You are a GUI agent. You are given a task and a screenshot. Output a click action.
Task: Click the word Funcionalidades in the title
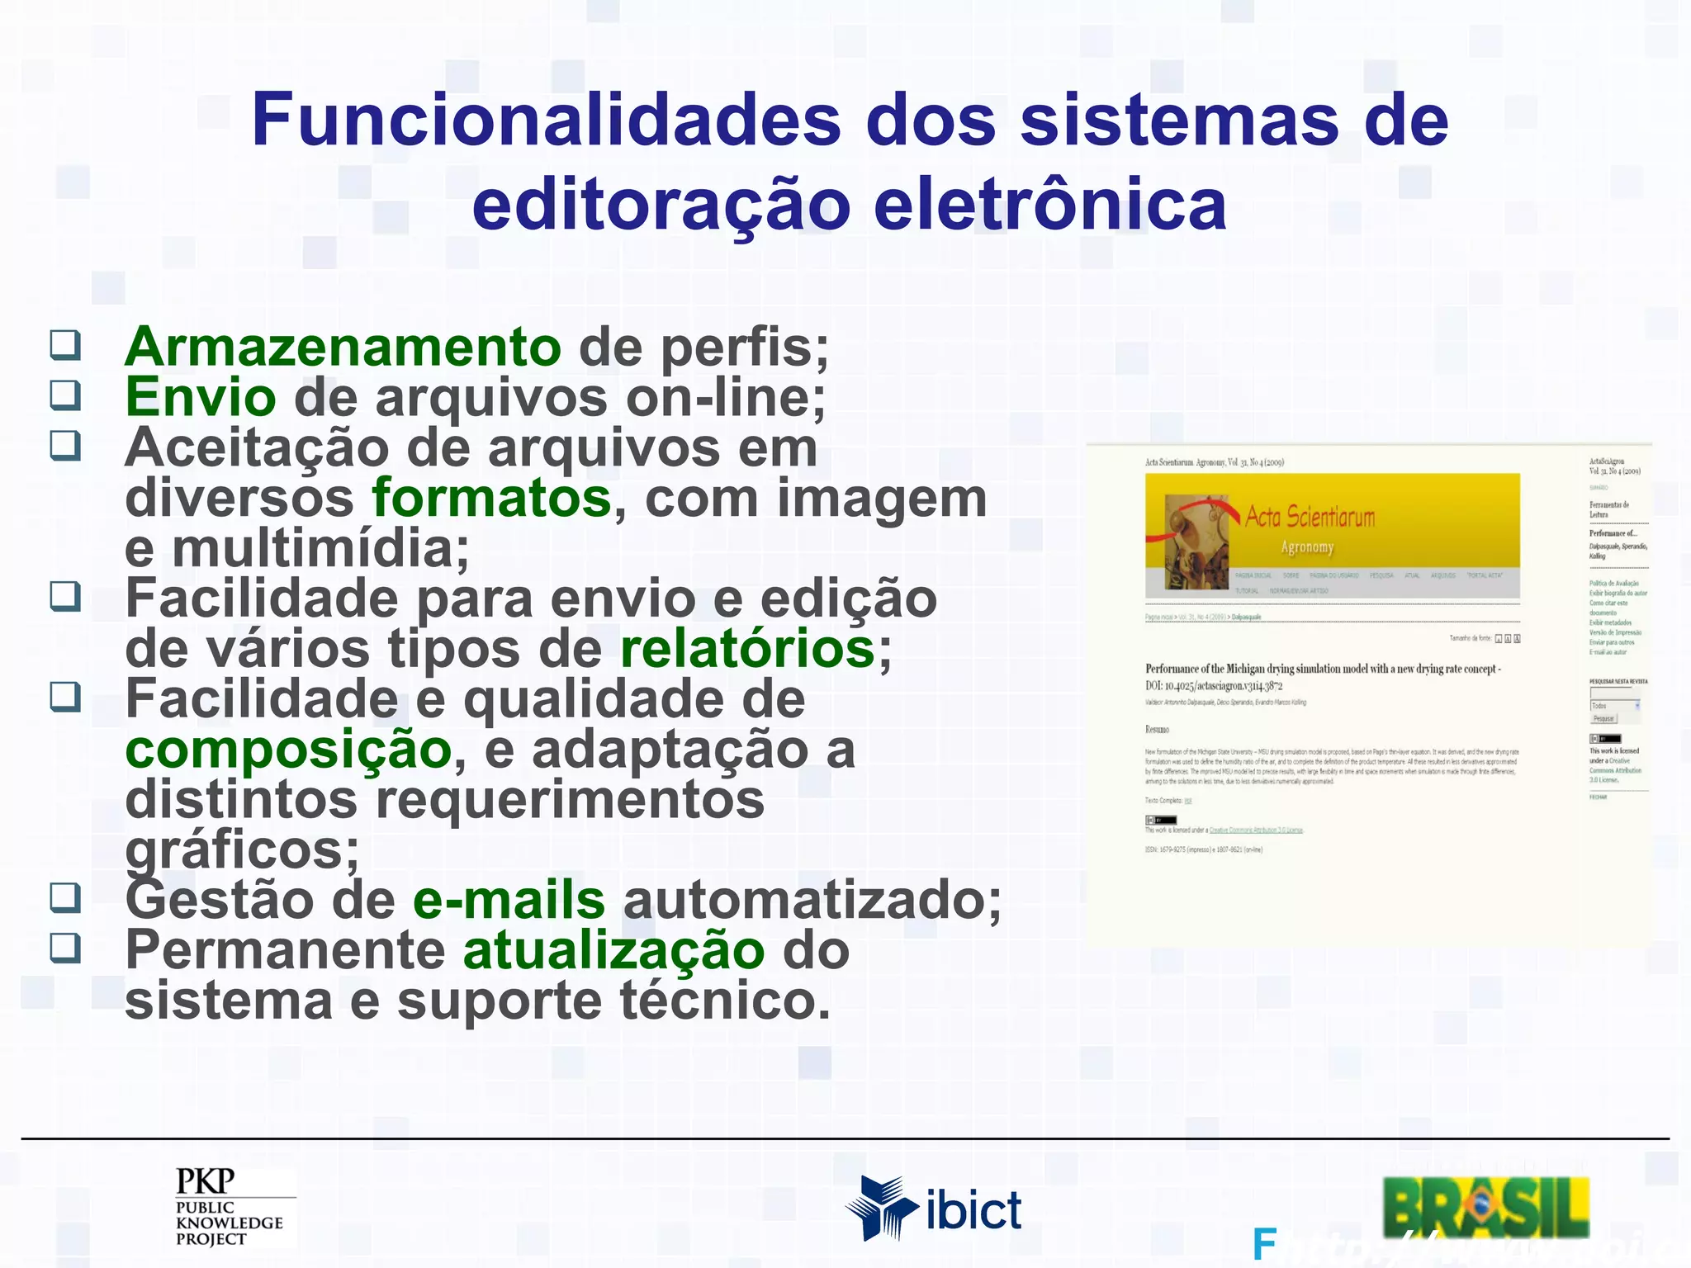pos(547,121)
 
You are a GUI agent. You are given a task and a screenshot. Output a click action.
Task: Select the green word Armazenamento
pos(343,347)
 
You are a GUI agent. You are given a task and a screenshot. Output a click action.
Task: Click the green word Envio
pos(201,397)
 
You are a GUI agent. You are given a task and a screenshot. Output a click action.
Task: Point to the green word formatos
pos(492,499)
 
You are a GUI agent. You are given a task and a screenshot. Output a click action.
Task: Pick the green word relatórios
pos(747,649)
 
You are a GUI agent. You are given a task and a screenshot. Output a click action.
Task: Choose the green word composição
pos(288,750)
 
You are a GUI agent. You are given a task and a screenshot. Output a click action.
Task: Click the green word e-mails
pos(509,900)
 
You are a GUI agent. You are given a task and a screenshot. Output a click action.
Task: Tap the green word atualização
pos(614,950)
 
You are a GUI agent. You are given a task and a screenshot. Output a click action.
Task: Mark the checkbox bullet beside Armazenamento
pos(65,345)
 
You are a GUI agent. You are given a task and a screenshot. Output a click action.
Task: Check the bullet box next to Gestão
pos(65,897)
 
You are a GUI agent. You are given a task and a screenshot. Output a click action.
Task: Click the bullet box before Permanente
pos(65,948)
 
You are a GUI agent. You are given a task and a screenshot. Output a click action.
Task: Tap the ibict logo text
pos(973,1211)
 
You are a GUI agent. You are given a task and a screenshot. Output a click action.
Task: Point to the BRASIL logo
pos(1485,1207)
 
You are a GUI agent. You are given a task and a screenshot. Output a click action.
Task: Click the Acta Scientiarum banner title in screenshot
pos(1310,518)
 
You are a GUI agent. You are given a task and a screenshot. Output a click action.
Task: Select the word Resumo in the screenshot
pos(1157,729)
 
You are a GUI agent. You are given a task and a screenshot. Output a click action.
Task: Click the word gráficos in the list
pos(242,850)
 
